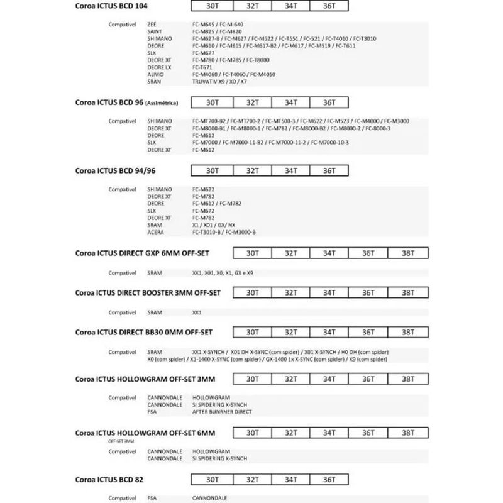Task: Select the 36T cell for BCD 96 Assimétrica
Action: tap(329, 102)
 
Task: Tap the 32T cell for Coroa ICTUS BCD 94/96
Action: tap(252, 171)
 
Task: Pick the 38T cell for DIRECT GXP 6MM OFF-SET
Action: tap(407, 253)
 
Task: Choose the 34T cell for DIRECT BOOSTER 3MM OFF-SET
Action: tap(329, 293)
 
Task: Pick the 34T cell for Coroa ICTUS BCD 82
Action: tap(290, 479)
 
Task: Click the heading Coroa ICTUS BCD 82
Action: tap(109, 480)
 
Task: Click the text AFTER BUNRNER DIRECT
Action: tap(221, 412)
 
